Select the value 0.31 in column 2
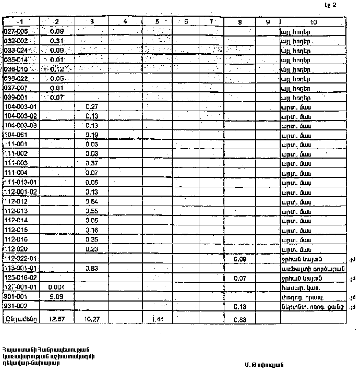(56, 41)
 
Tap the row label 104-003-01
(20, 106)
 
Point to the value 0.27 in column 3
(91, 106)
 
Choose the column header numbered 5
(157, 22)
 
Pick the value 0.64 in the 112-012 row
(91, 201)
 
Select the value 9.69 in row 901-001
(56, 296)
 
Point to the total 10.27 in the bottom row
(91, 318)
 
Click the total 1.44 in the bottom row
(157, 318)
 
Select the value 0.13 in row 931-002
(240, 306)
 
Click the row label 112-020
(15, 249)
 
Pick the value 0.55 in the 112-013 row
(91, 211)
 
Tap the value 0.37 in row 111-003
(91, 163)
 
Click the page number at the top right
(330, 5)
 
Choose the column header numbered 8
(239, 22)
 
